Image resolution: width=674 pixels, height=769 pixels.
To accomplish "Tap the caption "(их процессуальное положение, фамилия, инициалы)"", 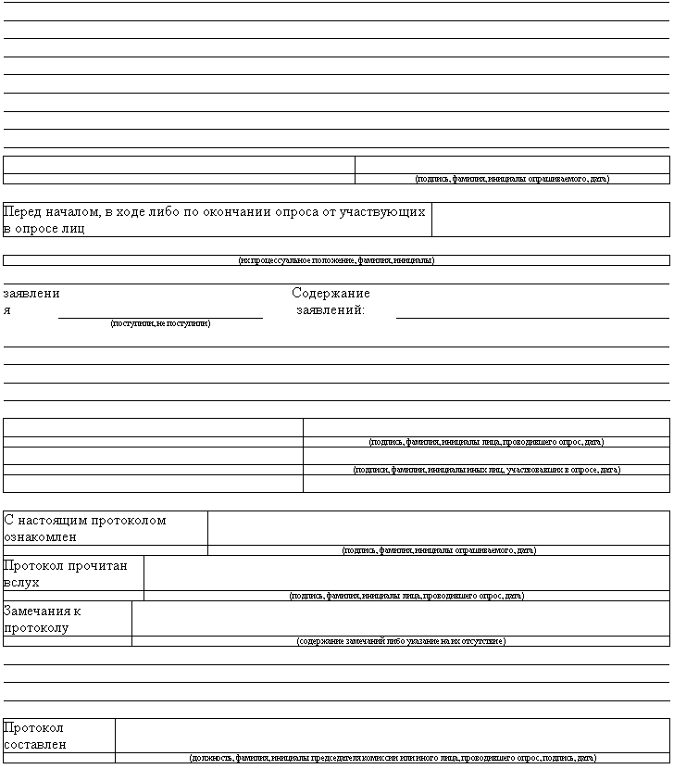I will (x=336, y=260).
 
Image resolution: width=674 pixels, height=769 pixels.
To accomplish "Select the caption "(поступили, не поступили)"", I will (x=160, y=323).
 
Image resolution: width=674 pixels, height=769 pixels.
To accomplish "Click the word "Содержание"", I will (x=331, y=294).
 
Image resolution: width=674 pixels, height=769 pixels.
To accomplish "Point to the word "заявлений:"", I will (x=331, y=310).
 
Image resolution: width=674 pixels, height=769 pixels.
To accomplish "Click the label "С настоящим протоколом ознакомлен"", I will (x=85, y=528).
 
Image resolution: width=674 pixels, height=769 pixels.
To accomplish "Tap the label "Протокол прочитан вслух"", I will (x=66, y=574).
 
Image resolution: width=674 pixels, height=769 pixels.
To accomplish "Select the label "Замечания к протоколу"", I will (x=43, y=619).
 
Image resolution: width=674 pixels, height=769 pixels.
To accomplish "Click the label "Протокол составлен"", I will (x=34, y=736).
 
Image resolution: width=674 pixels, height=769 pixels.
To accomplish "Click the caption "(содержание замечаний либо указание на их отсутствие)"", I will (x=401, y=641).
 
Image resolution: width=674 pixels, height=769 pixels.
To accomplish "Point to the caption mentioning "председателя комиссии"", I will (x=393, y=758).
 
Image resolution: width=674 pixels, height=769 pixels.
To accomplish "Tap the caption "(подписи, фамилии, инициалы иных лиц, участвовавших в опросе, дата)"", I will (x=486, y=470).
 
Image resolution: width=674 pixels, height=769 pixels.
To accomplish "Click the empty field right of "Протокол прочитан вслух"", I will (x=406, y=573).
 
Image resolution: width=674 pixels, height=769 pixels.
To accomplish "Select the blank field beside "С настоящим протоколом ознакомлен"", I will (x=438, y=527).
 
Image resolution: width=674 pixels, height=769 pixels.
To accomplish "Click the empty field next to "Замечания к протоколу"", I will (x=400, y=618).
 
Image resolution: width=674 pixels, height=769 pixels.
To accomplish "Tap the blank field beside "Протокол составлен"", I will (x=392, y=735).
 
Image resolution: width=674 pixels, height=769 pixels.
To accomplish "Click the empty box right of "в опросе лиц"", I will (x=550, y=220).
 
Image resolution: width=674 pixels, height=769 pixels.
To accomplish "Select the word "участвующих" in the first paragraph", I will (x=382, y=212).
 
